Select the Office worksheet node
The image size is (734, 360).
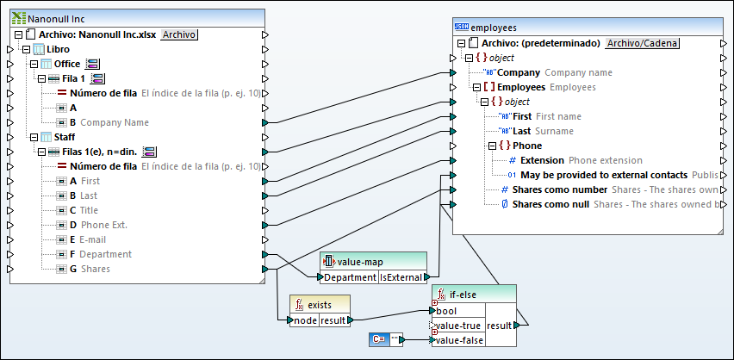[x=66, y=64]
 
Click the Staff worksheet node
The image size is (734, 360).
[x=64, y=136]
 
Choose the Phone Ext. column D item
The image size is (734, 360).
[x=104, y=225]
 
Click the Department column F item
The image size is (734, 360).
[x=106, y=254]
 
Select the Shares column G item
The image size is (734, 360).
[x=95, y=269]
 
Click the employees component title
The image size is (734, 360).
[x=499, y=28]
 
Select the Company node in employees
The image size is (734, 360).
[x=520, y=72]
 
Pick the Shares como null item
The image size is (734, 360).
[x=550, y=204]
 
